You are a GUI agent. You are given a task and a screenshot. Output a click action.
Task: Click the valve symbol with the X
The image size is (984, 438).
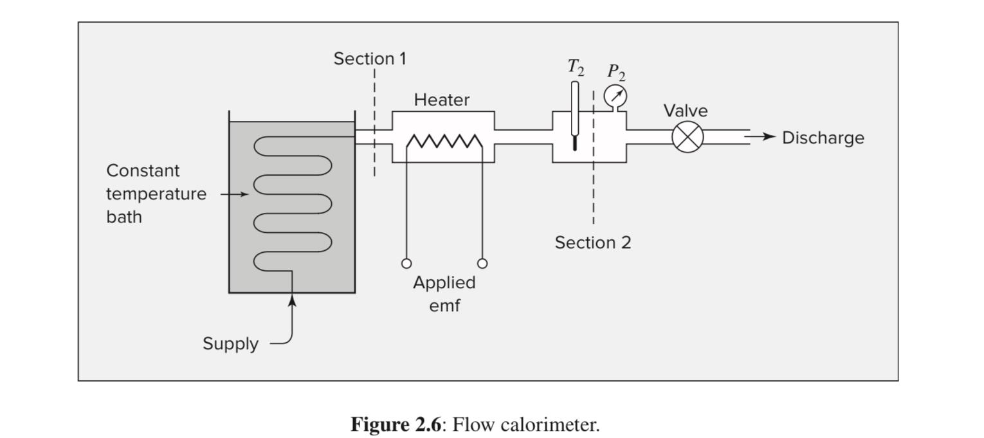(x=688, y=137)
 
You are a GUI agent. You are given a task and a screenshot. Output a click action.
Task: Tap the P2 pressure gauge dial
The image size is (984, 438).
(x=615, y=96)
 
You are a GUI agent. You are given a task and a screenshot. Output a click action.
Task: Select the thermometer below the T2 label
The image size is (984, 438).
(x=574, y=116)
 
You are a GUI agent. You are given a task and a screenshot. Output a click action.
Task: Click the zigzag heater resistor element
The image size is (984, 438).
(x=444, y=141)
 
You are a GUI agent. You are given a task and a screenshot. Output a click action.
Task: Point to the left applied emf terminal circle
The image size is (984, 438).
(x=406, y=263)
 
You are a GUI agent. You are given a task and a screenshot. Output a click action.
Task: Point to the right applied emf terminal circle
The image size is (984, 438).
(x=482, y=263)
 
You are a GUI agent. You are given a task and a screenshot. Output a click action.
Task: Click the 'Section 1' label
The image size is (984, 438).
(x=370, y=59)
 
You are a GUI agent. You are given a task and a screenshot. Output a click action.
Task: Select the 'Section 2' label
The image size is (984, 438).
(x=593, y=242)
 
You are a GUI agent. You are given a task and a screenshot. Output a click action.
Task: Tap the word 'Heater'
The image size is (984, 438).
(x=442, y=100)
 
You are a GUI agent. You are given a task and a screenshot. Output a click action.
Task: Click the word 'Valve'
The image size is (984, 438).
(x=686, y=111)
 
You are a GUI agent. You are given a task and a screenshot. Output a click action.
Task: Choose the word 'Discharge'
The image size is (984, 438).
(x=823, y=138)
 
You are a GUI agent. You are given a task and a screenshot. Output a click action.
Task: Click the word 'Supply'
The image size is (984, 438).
(x=230, y=343)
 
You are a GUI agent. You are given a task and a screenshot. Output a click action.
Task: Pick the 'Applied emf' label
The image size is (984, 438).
(x=444, y=293)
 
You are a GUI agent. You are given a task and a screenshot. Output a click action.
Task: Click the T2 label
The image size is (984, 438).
(x=575, y=67)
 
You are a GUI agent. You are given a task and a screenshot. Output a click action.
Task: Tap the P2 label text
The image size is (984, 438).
(x=615, y=71)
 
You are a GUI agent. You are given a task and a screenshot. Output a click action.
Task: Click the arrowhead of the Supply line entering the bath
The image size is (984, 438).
(x=292, y=300)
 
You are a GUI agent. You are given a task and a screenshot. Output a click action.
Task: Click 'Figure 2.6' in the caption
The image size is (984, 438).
(x=396, y=424)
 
